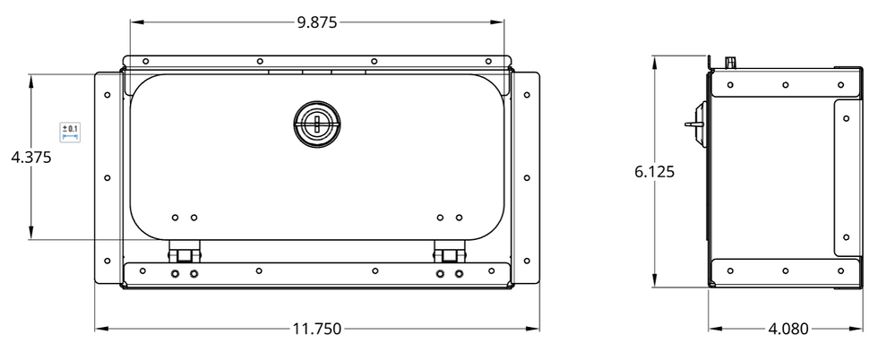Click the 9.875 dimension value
pos(317,22)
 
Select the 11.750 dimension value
pos(317,329)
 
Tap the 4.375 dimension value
pos(31,157)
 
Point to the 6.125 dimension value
pos(655,172)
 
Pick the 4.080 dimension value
pos(788,329)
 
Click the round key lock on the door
pos(317,124)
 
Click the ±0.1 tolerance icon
pos(70,132)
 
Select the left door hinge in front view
pos(184,252)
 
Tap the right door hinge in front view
pos(449,252)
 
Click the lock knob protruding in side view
pos(697,124)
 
